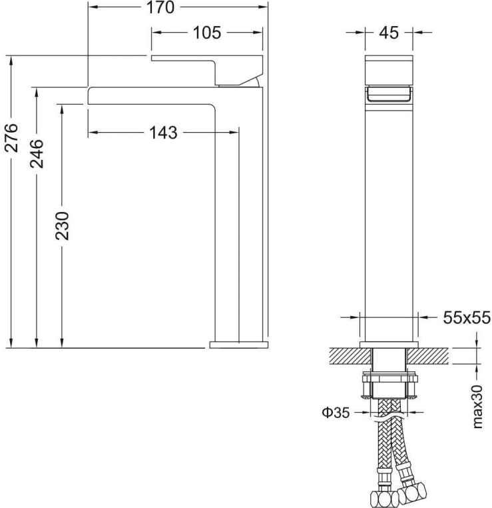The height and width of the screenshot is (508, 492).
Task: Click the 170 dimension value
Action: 160,7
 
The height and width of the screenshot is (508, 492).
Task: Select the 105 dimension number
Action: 206,33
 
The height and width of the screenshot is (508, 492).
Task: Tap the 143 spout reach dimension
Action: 163,133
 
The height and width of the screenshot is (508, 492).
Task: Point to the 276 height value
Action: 11,137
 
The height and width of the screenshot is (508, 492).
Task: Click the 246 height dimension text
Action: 37,153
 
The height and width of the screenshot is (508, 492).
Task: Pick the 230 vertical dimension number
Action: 62,226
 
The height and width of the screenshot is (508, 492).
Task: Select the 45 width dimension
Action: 389,33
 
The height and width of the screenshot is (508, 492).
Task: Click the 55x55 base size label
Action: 467,317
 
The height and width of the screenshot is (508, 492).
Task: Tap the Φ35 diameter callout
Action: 336,413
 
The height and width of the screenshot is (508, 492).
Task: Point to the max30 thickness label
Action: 477,407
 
